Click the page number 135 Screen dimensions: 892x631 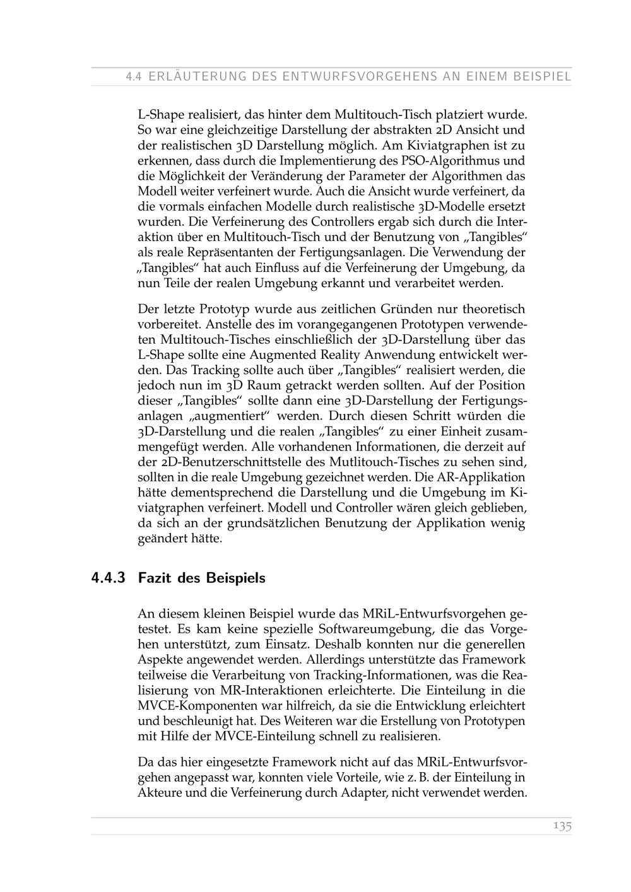pos(562,826)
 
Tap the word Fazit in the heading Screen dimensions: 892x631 pos(154,578)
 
